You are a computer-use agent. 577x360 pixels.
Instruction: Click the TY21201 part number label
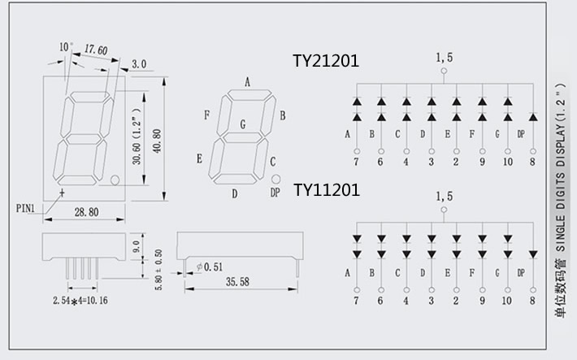(326, 61)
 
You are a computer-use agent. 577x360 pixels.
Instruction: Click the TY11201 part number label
(326, 190)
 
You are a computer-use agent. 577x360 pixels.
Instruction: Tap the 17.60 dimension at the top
(97, 50)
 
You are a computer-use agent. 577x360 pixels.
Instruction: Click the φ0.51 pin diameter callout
(210, 266)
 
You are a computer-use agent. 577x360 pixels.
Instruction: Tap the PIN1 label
(26, 208)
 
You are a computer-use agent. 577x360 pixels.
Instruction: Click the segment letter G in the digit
(241, 124)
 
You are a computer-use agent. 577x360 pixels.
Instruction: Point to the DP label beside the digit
(275, 193)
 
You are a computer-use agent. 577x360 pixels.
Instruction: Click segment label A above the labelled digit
(247, 81)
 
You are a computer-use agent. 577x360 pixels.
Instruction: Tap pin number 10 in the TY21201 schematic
(508, 162)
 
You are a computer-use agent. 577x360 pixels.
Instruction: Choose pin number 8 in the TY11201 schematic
(532, 300)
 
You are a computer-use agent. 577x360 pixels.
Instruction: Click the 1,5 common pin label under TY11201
(445, 196)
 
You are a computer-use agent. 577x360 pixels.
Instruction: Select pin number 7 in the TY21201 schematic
(356, 162)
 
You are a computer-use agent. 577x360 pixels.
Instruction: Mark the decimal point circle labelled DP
(275, 179)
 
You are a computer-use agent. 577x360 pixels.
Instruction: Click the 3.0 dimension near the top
(138, 63)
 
